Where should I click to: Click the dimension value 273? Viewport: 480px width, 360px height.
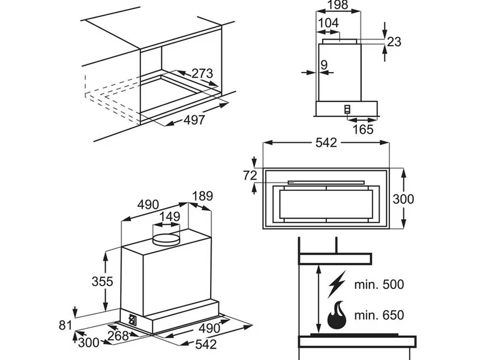click(202, 74)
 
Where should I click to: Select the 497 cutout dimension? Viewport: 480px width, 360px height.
click(194, 120)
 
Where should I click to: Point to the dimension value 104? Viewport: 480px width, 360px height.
click(328, 23)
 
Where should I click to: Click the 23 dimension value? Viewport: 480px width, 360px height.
click(394, 42)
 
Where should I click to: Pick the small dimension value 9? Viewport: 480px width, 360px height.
click(324, 64)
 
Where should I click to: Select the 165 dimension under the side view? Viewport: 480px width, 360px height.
click(362, 129)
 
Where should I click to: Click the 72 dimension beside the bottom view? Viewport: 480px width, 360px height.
click(250, 176)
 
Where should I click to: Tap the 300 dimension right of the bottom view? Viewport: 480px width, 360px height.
click(403, 199)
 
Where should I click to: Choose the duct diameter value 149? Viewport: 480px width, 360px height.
click(170, 217)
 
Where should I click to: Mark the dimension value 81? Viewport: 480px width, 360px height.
click(65, 325)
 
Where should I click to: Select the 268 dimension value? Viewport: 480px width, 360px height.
click(118, 337)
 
